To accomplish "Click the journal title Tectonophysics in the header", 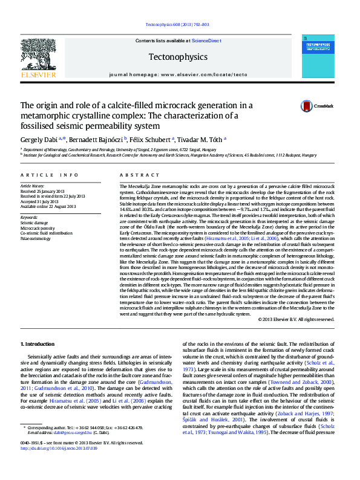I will (x=178, y=57).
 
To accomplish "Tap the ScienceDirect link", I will (x=205, y=41).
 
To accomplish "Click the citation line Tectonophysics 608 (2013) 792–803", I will (x=178, y=25).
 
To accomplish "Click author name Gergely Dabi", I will (x=39, y=139).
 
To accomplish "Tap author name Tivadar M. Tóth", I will (x=203, y=139).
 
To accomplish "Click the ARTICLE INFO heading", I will (x=49, y=175).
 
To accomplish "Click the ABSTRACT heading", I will (x=135, y=175).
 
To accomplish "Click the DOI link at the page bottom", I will (x=59, y=465).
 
